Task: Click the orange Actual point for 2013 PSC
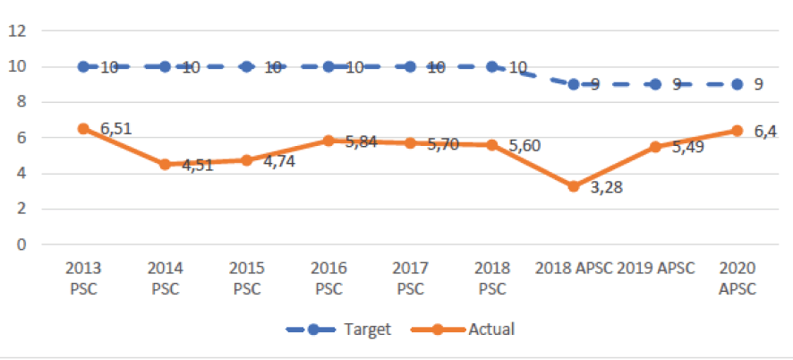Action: (x=83, y=128)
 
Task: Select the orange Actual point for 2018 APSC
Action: (x=574, y=186)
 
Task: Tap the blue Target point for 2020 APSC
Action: (x=737, y=84)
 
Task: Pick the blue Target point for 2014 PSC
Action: (x=165, y=66)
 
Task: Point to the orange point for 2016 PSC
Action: (x=328, y=141)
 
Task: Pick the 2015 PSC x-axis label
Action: (x=246, y=278)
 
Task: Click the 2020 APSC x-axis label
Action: (x=737, y=278)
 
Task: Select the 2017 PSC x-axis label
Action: (x=410, y=278)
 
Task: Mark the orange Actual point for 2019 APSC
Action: (x=655, y=147)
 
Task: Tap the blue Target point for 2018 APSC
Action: (x=574, y=84)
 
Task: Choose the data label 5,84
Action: (x=361, y=142)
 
